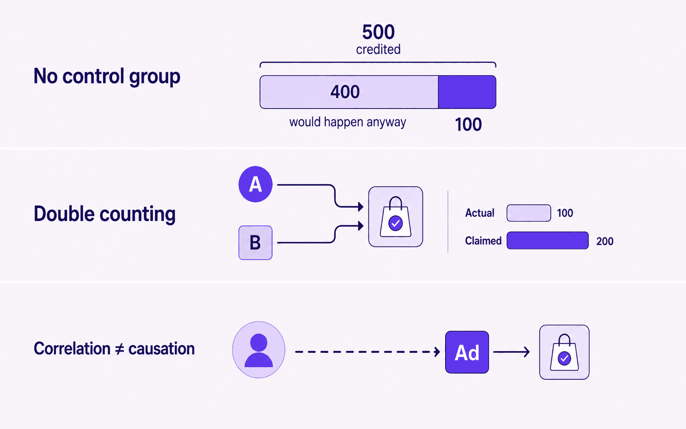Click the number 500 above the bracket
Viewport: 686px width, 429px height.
[378, 32]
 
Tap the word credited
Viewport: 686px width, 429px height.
[378, 49]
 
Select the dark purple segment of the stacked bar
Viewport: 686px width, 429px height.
[467, 92]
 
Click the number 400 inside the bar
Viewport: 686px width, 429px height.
[345, 92]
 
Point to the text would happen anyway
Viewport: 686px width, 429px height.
[348, 122]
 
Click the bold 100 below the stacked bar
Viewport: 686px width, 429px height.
[468, 124]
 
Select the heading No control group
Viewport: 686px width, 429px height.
[107, 76]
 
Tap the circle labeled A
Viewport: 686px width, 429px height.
[256, 184]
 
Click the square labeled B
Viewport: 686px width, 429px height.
[256, 243]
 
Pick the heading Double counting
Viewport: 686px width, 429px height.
[104, 214]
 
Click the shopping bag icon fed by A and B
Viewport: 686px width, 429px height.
[396, 217]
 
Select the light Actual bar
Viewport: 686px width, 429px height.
[529, 213]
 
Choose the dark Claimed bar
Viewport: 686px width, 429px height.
[548, 240]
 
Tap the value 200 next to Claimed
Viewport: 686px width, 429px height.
[605, 241]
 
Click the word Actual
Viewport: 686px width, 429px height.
[480, 213]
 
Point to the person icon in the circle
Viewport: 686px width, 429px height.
[259, 350]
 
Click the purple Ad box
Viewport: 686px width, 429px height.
[467, 352]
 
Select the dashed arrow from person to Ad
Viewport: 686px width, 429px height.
[368, 352]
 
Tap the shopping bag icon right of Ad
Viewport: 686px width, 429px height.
[564, 352]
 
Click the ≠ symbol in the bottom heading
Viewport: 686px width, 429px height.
[119, 349]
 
